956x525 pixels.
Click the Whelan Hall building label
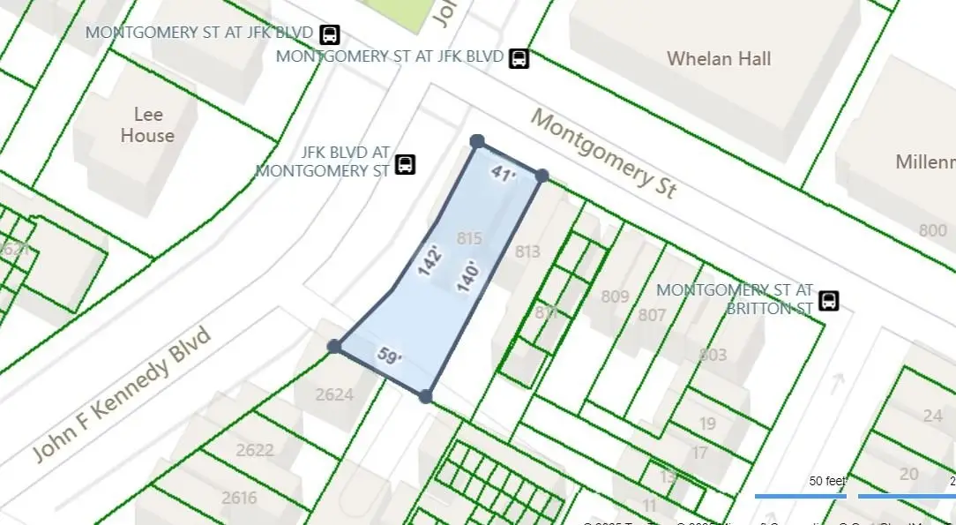[719, 59]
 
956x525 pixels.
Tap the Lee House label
[147, 124]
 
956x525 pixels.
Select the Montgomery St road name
[604, 154]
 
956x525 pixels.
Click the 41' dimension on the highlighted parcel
[503, 174]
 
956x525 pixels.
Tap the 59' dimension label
[390, 356]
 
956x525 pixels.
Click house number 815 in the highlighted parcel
[470, 237]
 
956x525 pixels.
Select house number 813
[527, 252]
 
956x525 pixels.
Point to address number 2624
[335, 394]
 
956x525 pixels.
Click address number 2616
[239, 498]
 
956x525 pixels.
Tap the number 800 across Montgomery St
[932, 231]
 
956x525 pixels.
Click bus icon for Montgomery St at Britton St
[829, 300]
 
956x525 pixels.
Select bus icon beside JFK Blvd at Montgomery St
[405, 164]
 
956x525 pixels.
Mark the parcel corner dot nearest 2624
[334, 347]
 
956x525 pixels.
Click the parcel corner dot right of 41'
[542, 176]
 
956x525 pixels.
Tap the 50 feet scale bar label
[827, 481]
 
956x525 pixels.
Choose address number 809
[615, 296]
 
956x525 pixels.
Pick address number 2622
[255, 450]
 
